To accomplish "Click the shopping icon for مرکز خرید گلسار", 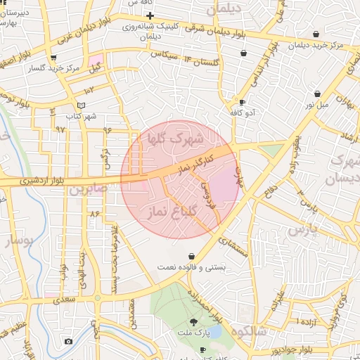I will point(53,58).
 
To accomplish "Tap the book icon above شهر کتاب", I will point(82,105).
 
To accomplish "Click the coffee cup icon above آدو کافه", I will point(243,102).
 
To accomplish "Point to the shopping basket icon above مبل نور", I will point(318,94).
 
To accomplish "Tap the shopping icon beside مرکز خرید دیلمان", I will point(316,34).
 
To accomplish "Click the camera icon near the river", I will point(68,341).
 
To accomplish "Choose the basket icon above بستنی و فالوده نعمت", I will point(193,256).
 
